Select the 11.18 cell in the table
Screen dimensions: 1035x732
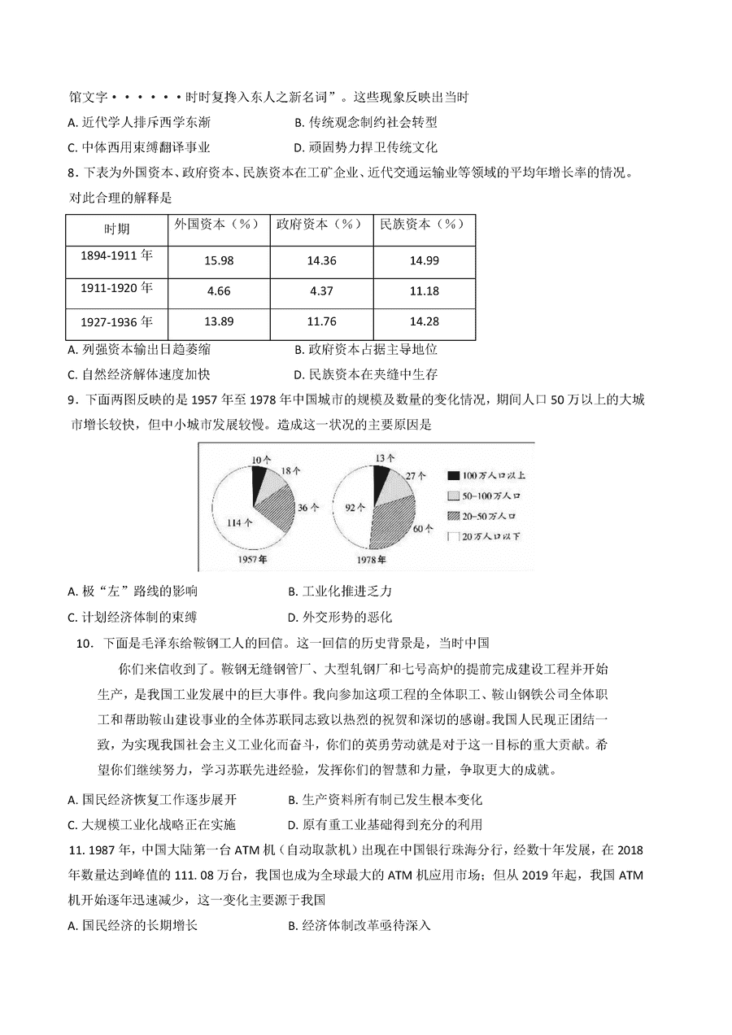pos(423,291)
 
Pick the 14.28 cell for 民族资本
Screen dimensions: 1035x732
pos(423,322)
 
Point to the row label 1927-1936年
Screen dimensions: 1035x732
pos(116,321)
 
